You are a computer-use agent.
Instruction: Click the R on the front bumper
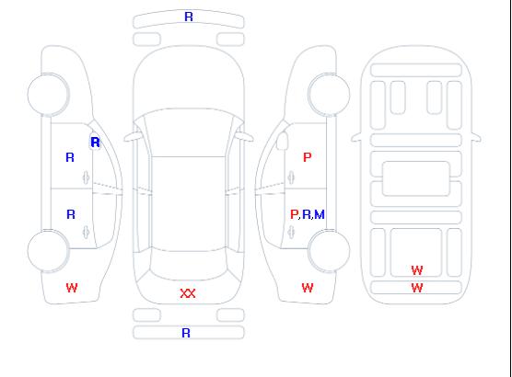189,17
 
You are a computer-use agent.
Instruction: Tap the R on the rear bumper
186,333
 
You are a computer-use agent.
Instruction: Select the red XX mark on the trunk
188,293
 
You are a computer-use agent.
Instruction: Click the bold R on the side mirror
95,143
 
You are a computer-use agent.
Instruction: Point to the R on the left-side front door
70,157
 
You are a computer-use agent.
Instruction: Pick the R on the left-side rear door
71,214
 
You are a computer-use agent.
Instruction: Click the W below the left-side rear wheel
72,288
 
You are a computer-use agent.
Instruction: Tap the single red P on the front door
308,157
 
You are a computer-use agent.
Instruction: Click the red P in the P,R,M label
294,214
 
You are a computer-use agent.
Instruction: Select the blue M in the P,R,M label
320,214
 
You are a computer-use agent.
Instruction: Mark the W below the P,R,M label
308,288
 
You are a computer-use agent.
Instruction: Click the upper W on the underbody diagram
417,270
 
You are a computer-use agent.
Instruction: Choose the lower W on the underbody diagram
417,288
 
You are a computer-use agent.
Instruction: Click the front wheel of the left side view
48,95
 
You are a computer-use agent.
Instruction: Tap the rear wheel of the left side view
48,251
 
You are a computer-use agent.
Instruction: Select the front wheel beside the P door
329,95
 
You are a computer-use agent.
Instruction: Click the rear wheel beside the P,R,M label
329,251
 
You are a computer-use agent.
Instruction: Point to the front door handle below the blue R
87,177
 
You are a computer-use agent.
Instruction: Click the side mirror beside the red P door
283,141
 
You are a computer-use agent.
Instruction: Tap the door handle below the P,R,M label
291,232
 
